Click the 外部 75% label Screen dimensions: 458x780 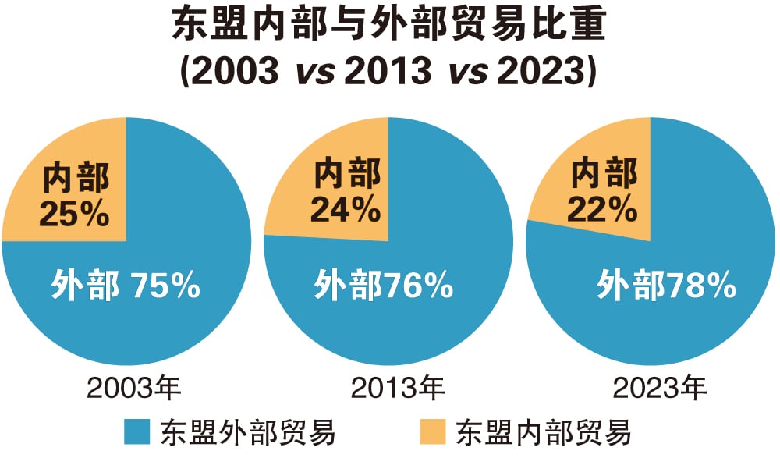[x=126, y=286]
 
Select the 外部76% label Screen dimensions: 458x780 [x=384, y=286]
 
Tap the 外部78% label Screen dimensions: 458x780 [x=667, y=286]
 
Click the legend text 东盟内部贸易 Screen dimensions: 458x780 [x=544, y=431]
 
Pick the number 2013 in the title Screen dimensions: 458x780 [x=388, y=72]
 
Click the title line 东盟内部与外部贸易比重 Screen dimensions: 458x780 [x=388, y=27]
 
